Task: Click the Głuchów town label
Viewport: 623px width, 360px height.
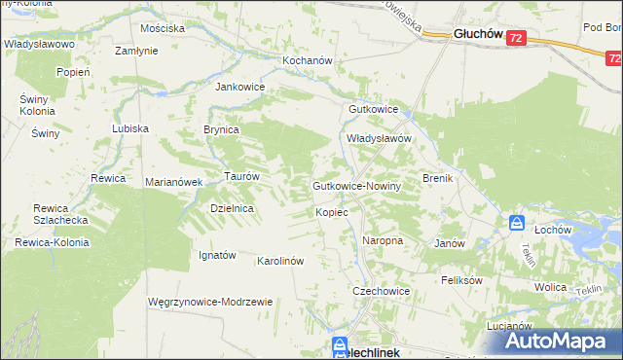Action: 477,34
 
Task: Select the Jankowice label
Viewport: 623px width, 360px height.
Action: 240,86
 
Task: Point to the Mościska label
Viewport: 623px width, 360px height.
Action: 163,28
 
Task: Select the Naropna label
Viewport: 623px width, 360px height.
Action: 383,239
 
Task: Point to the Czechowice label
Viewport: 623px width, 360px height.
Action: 381,291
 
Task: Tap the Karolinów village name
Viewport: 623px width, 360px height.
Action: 281,261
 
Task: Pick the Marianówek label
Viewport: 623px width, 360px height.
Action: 172,182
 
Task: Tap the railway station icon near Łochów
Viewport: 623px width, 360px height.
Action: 517,224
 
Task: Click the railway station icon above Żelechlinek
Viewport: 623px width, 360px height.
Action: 340,343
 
